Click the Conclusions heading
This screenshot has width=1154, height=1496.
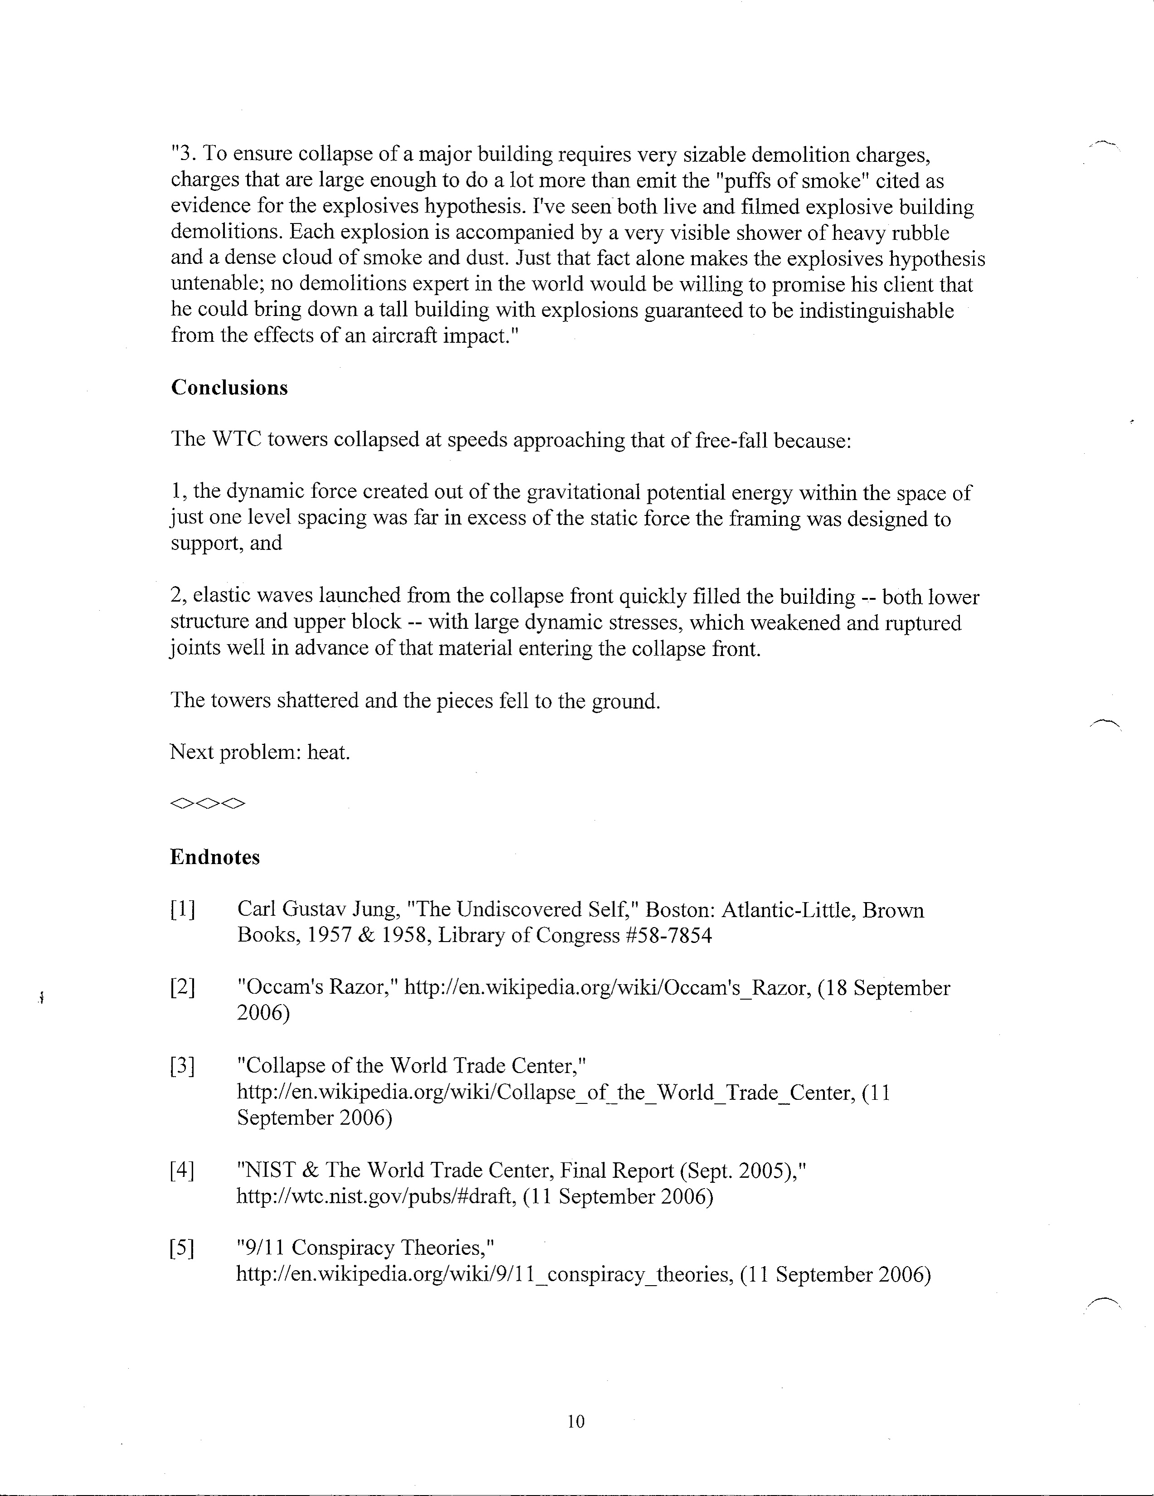click(x=229, y=388)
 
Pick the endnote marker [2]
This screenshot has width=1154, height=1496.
click(x=181, y=988)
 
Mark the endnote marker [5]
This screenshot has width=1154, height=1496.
click(x=181, y=1249)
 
